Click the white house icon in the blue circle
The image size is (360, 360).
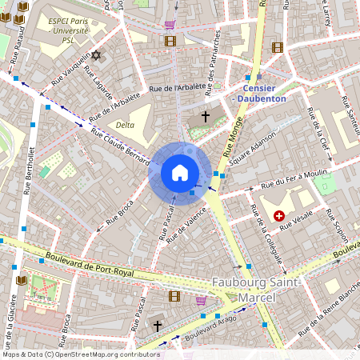click(x=180, y=173)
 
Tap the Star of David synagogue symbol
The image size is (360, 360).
click(x=98, y=55)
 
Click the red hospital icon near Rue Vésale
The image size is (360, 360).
click(x=279, y=215)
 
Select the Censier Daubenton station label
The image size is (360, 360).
click(x=263, y=93)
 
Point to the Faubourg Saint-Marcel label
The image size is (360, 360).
click(x=257, y=289)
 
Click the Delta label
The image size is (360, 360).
click(x=124, y=125)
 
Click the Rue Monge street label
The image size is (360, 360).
click(x=235, y=136)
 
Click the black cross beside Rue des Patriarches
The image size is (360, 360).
click(x=205, y=117)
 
